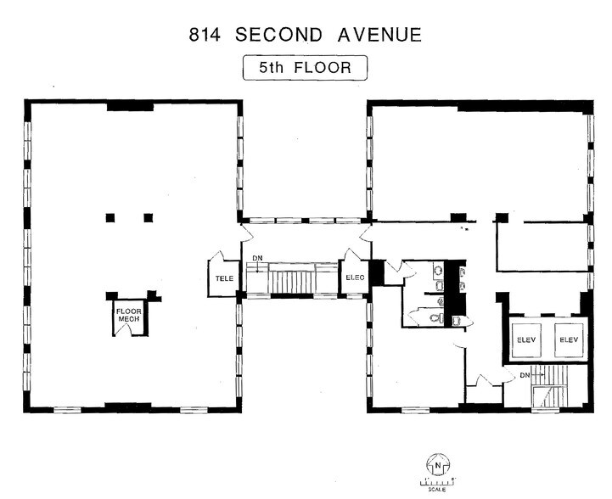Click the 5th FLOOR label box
(x=305, y=67)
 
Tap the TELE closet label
(x=224, y=278)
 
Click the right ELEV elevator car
(x=566, y=339)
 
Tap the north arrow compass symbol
(x=437, y=466)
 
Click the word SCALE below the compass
(x=437, y=490)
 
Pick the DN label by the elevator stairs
(x=525, y=374)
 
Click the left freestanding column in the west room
(x=110, y=217)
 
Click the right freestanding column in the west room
(x=148, y=217)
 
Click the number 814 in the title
(x=205, y=35)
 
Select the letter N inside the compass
(x=437, y=465)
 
